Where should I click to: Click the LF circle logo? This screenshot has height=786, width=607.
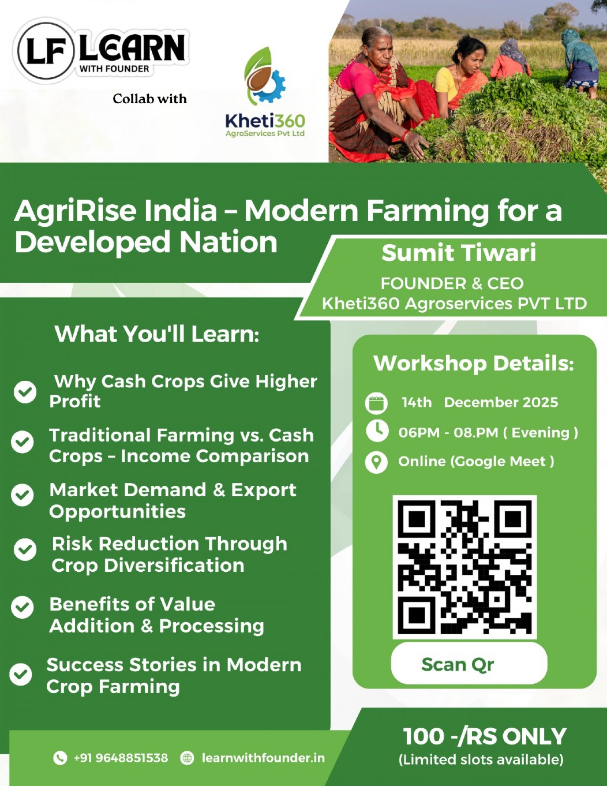pos(45,50)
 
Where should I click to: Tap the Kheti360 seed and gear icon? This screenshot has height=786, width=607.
pos(264,76)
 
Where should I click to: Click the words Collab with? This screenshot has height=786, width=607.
pos(150,99)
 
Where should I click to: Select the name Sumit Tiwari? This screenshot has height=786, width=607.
pos(459,253)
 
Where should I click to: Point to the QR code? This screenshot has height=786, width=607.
pos(465,567)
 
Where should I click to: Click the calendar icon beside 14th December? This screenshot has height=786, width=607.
pos(376,403)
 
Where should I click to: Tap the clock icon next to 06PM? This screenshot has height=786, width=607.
pos(377,431)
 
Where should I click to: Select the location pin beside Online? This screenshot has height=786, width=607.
pos(376,462)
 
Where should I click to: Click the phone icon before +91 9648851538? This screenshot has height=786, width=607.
pos(60,758)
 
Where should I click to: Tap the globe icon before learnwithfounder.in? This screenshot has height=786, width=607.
pos(187,758)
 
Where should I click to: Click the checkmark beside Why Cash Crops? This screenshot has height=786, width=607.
pos(25,392)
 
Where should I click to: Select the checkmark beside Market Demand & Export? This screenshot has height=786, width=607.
pos(23,495)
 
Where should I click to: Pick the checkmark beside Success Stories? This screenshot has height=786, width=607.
pos(21,675)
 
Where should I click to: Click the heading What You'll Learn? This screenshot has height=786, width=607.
pos(157,334)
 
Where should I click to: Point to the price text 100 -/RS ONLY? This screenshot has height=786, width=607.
pos(485,736)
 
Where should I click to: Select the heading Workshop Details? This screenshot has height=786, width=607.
pos(474,364)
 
